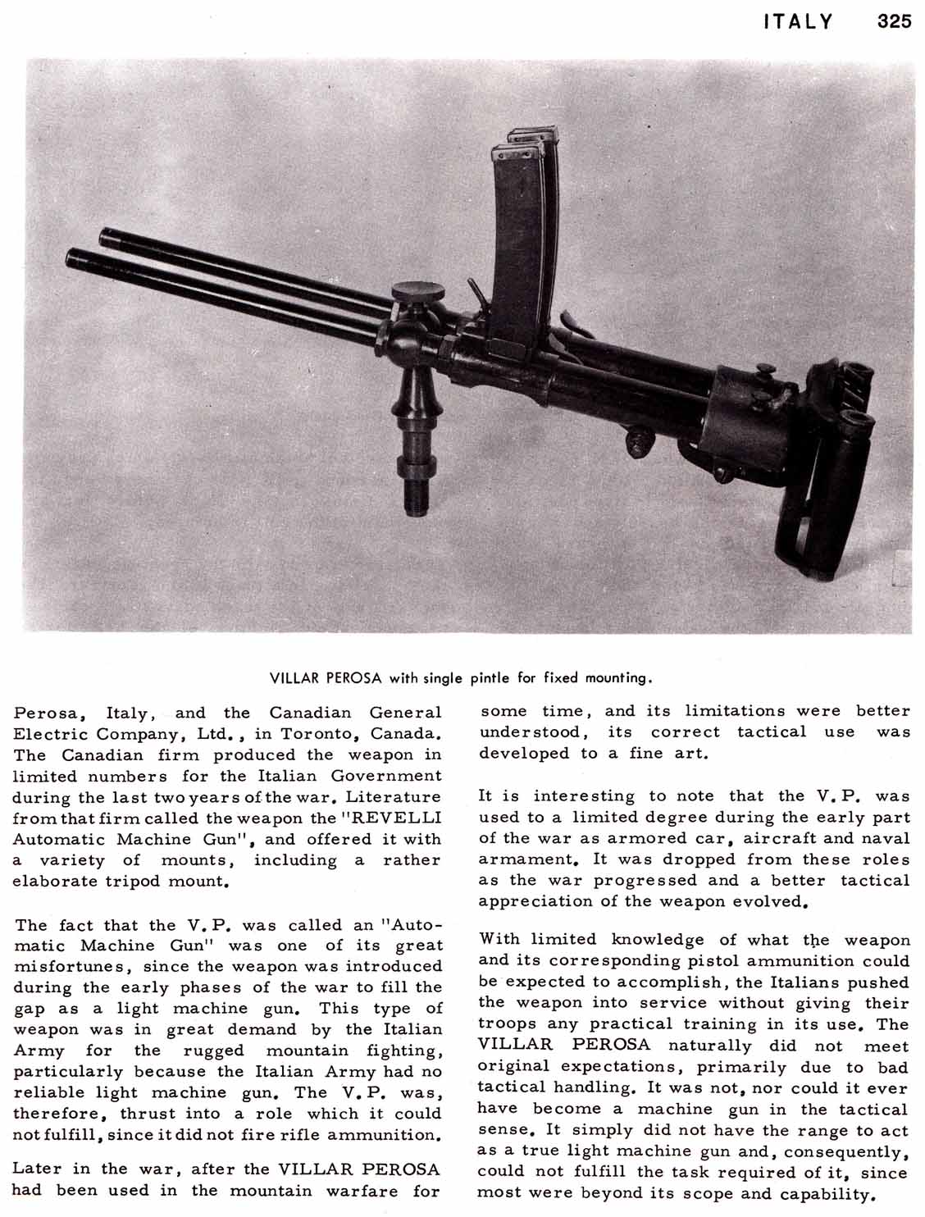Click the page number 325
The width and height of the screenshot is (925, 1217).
pos(894,22)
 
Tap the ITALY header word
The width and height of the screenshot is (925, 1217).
pos(798,22)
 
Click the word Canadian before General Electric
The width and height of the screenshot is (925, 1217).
pos(311,713)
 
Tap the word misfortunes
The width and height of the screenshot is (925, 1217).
pos(63,967)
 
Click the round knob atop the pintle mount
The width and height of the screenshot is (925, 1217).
pos(418,291)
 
